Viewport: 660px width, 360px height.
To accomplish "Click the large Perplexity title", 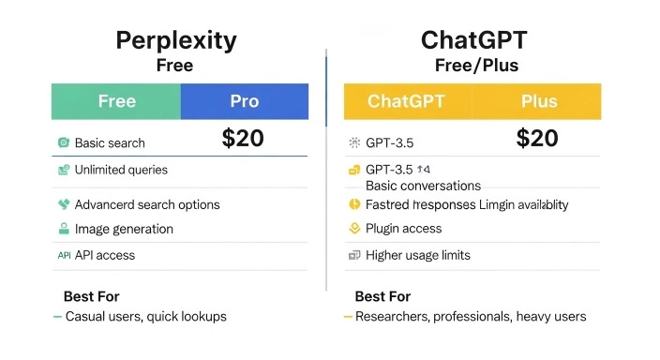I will click(175, 40).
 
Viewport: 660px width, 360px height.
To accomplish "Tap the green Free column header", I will click(116, 101).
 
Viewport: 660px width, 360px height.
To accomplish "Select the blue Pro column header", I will click(244, 101).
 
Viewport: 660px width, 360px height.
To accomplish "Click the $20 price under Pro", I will click(243, 139).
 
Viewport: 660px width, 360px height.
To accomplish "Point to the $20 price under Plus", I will click(537, 139).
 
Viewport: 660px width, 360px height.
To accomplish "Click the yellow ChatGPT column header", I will click(407, 101).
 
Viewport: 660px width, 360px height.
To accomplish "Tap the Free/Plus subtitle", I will click(476, 67).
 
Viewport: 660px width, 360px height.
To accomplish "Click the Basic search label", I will click(110, 143).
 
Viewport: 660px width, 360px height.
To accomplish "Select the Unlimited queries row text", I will click(121, 170).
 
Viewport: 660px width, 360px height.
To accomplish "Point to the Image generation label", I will click(124, 229).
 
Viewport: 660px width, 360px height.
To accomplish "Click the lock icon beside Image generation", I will click(64, 229).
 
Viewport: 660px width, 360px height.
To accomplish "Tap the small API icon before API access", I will click(64, 255).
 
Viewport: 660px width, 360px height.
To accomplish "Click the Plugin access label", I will click(403, 229).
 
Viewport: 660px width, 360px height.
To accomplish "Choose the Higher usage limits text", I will click(417, 255).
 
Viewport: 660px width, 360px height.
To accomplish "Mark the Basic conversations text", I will click(423, 186).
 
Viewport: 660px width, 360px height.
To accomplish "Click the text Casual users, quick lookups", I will click(145, 317).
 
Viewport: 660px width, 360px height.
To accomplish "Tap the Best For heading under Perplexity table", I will click(92, 296).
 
